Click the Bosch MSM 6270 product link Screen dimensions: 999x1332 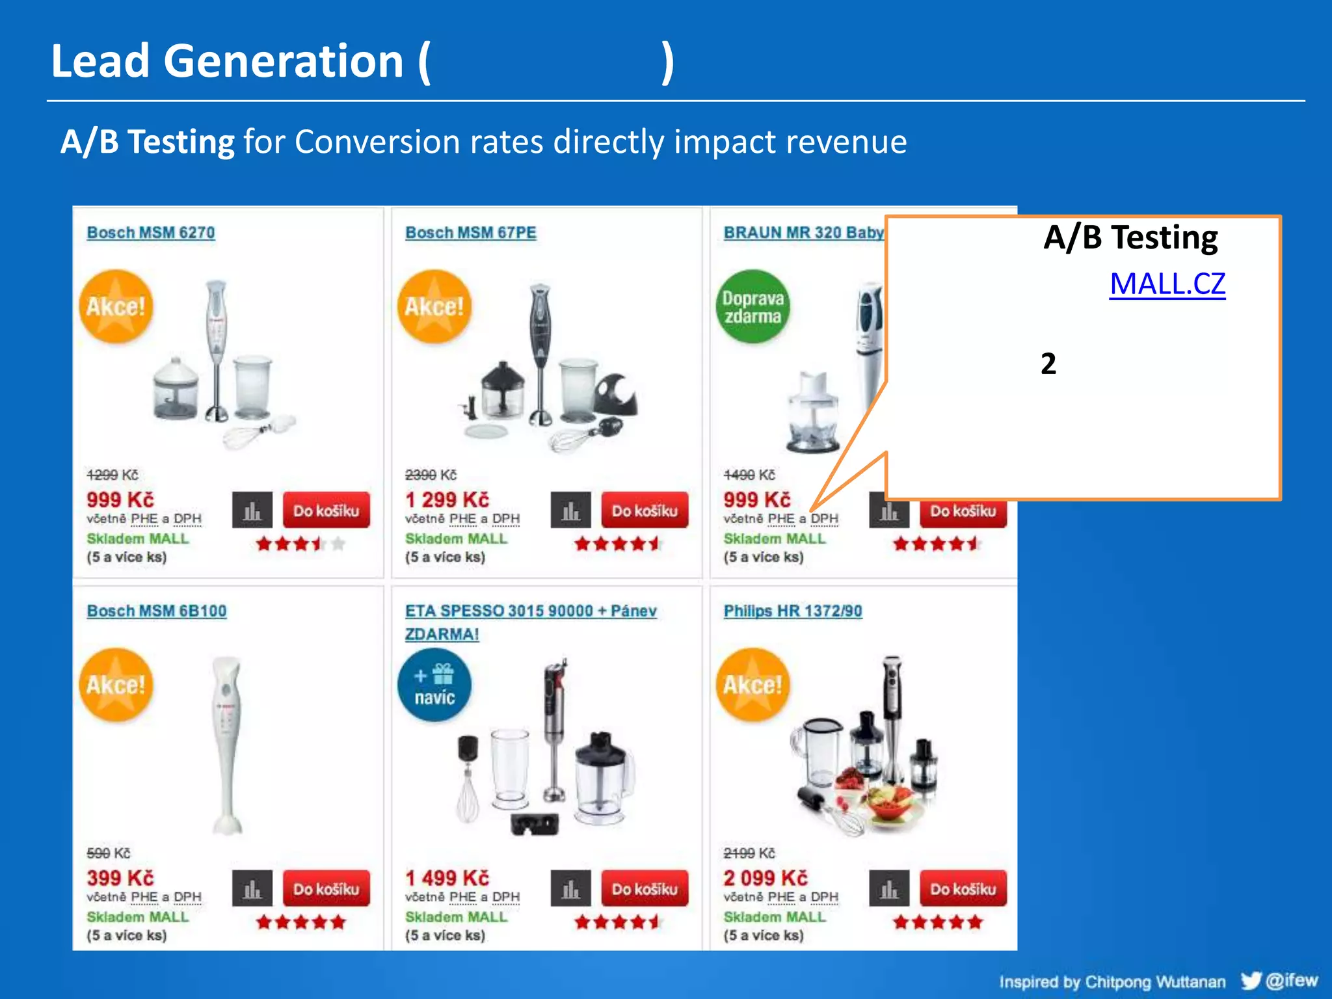click(x=151, y=233)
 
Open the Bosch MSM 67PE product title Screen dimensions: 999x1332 click(x=470, y=233)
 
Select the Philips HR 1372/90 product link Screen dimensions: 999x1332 click(x=793, y=611)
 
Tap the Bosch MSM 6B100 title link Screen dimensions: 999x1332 click(x=157, y=611)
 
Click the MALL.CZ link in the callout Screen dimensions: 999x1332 click(x=1167, y=284)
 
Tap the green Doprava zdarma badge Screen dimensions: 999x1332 click(x=753, y=307)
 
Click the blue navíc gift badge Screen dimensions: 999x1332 click(x=434, y=686)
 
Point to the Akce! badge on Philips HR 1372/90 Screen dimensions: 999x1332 click(x=753, y=686)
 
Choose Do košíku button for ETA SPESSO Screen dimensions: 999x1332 click(x=645, y=888)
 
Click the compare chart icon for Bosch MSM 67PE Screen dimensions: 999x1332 click(x=570, y=511)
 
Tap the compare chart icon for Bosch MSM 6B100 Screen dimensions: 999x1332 click(x=252, y=888)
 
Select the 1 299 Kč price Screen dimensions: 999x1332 click(x=447, y=499)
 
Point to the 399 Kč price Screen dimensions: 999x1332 click(x=120, y=878)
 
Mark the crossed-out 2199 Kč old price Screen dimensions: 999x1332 click(x=749, y=853)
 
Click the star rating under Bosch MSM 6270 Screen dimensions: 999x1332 click(x=300, y=544)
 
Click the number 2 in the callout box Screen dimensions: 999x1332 click(x=1048, y=364)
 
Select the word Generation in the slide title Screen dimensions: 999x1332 click(x=284, y=61)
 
